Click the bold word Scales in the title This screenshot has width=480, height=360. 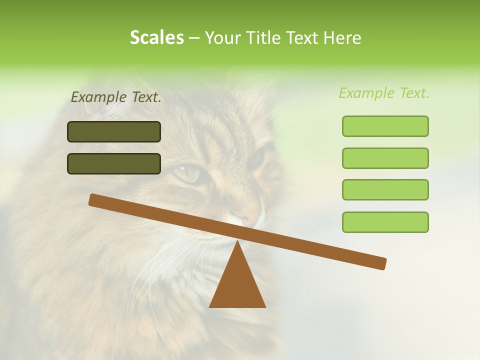coord(156,38)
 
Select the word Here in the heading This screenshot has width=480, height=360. coord(342,38)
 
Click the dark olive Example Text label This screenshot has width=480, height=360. coord(116,97)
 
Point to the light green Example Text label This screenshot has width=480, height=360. coord(384,93)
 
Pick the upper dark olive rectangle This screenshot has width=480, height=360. coord(114,131)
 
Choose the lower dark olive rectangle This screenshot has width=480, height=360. coord(114,163)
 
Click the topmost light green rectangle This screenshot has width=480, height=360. coord(385,126)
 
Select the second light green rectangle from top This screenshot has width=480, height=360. coord(385,158)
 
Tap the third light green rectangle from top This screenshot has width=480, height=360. coord(385,189)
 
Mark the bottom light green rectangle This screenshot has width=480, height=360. coord(385,222)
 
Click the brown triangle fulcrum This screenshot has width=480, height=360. coord(237,285)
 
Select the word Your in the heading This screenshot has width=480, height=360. coord(221,38)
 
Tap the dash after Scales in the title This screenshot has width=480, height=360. coord(194,38)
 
